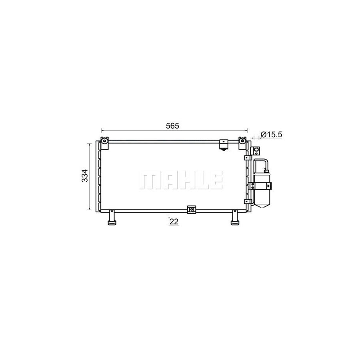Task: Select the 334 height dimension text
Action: [x=84, y=176]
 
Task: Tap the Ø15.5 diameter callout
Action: [x=271, y=135]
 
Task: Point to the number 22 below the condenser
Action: [x=174, y=221]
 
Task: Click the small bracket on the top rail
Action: [x=223, y=145]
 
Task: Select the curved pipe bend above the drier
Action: [x=260, y=161]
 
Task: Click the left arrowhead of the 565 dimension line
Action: [x=103, y=130]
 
